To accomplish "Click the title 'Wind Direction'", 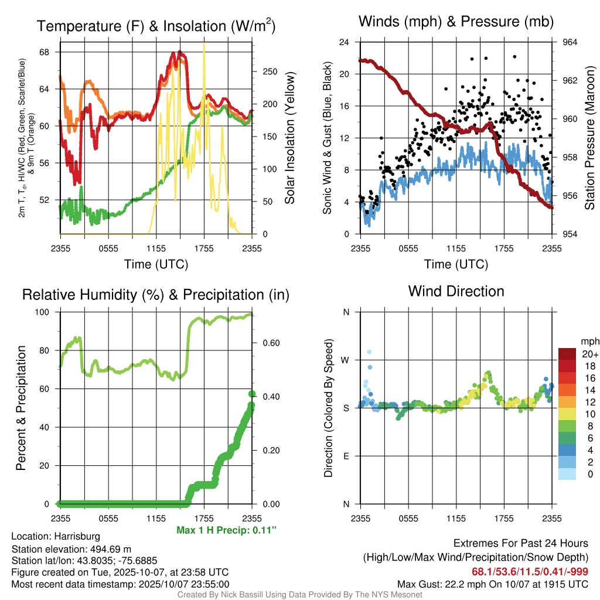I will pos(456,291).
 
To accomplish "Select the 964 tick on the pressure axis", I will pos(571,42).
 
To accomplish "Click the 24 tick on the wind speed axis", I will pos(345,42).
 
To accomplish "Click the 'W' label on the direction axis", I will pos(346,360).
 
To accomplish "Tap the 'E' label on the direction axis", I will pos(346,456).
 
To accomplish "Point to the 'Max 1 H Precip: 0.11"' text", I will pos(226,530).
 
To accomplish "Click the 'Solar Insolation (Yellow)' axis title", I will pos(290,138).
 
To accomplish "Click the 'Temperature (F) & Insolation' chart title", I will pos(156,26).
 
